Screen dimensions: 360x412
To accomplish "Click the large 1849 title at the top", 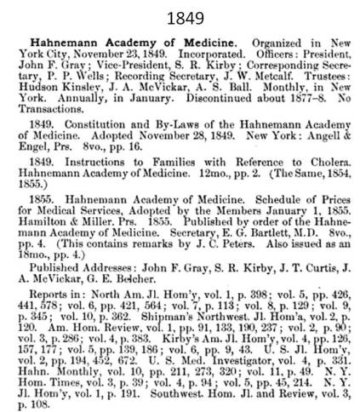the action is point(180,17).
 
